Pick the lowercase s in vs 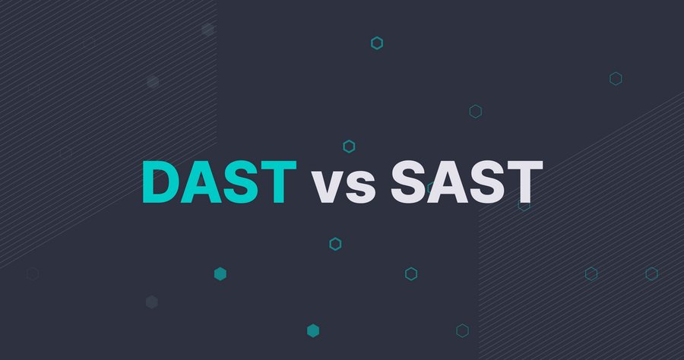point(361,188)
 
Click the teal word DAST point(220,182)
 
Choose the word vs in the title point(344,188)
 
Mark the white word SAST point(467,182)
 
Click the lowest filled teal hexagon point(313,331)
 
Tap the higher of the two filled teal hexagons point(220,273)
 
